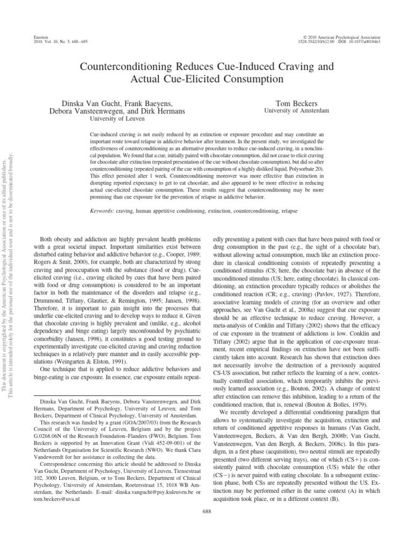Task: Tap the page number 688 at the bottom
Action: click(207, 526)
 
